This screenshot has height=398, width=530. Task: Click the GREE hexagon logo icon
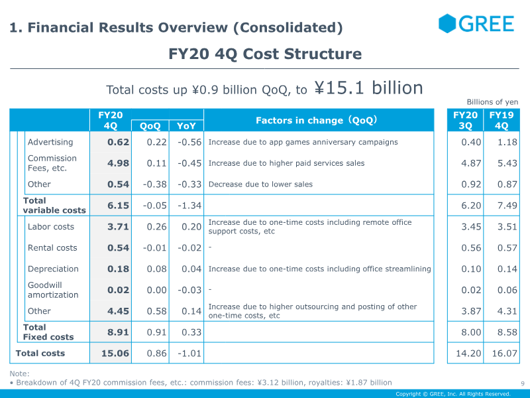[447, 23]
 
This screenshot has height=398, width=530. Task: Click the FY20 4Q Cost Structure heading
[265, 54]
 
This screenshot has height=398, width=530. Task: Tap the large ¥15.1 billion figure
[368, 88]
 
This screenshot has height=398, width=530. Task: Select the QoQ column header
[150, 126]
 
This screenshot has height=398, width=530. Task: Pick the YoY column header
[186, 126]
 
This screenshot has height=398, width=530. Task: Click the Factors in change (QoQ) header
[317, 120]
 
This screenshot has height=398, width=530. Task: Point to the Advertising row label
[50, 142]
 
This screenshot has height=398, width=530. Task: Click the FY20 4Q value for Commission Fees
[119, 163]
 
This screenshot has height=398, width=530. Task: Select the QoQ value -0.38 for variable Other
[155, 184]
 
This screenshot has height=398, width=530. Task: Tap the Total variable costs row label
[54, 206]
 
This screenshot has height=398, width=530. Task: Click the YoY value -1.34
[189, 206]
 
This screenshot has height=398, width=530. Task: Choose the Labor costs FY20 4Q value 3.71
[119, 226]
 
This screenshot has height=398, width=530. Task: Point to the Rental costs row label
[52, 247]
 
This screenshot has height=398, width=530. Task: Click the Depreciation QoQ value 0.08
[157, 269]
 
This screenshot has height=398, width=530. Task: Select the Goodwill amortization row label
[53, 290]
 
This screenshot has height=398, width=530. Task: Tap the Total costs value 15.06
[115, 354]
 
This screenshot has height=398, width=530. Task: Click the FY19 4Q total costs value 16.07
[505, 354]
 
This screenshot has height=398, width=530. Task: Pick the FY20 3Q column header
[465, 120]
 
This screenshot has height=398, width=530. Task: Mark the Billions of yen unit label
[492, 102]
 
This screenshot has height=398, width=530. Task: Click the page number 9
[523, 383]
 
